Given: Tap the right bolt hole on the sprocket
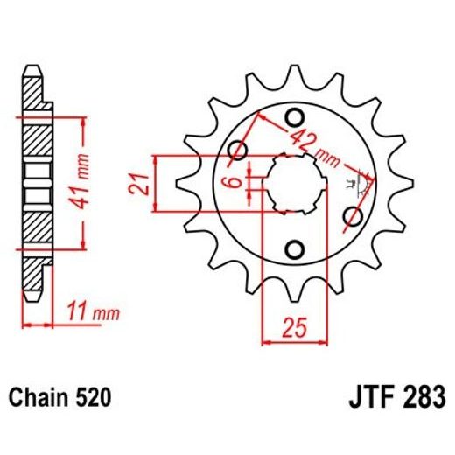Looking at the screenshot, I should point(353,215).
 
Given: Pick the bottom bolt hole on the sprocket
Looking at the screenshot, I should point(294,249).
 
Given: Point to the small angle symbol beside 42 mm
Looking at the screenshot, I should point(353,182).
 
